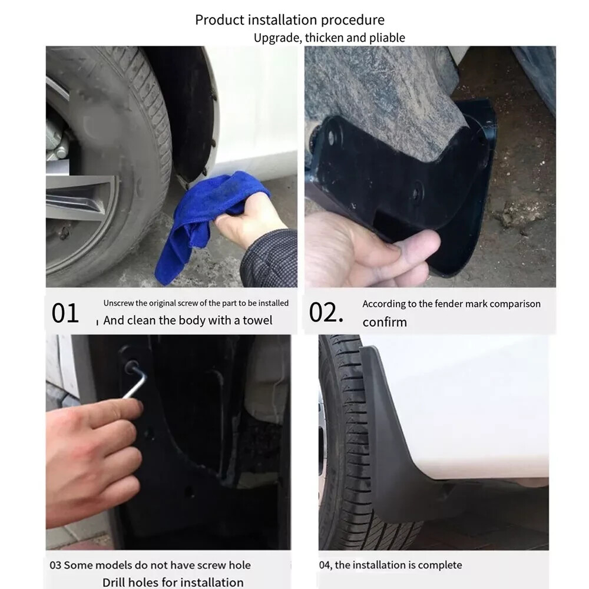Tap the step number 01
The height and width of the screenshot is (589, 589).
click(65, 313)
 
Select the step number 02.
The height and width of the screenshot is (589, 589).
click(325, 313)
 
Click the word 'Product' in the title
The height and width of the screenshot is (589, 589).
click(219, 21)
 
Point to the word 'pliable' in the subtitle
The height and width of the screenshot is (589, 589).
click(387, 38)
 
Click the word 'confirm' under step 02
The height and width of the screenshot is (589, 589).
click(384, 322)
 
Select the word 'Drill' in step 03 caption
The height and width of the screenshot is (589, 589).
click(117, 583)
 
